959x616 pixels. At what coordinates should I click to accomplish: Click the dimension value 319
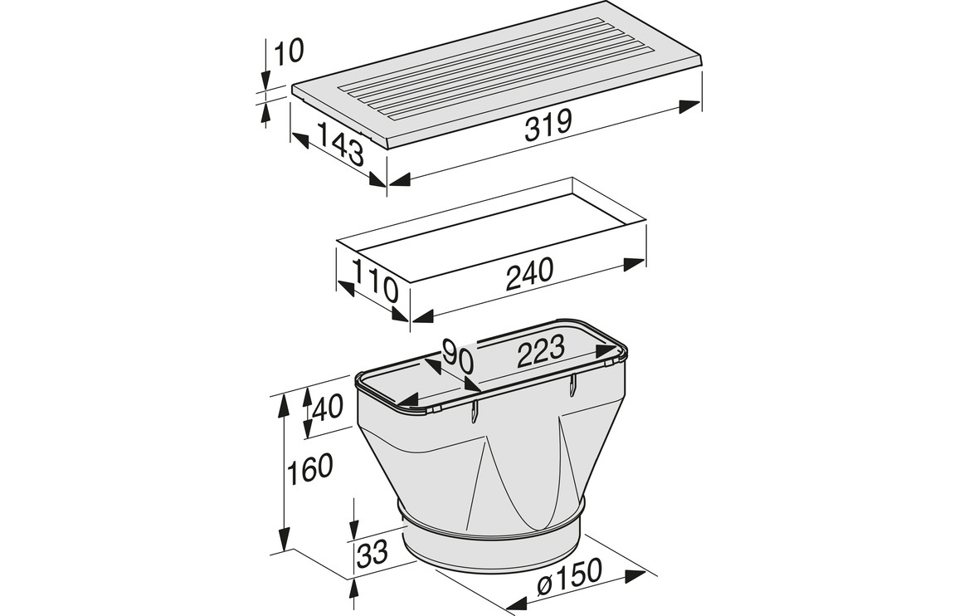coord(548,125)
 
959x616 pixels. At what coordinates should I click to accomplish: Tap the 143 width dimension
coord(341,144)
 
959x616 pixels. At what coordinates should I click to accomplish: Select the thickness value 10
coord(289,52)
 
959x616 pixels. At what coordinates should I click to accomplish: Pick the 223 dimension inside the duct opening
coord(541,354)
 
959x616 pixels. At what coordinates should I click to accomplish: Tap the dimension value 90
coord(457,356)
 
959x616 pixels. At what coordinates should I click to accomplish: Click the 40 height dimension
coord(327,407)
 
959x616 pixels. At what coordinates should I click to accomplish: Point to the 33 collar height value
coord(372,553)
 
